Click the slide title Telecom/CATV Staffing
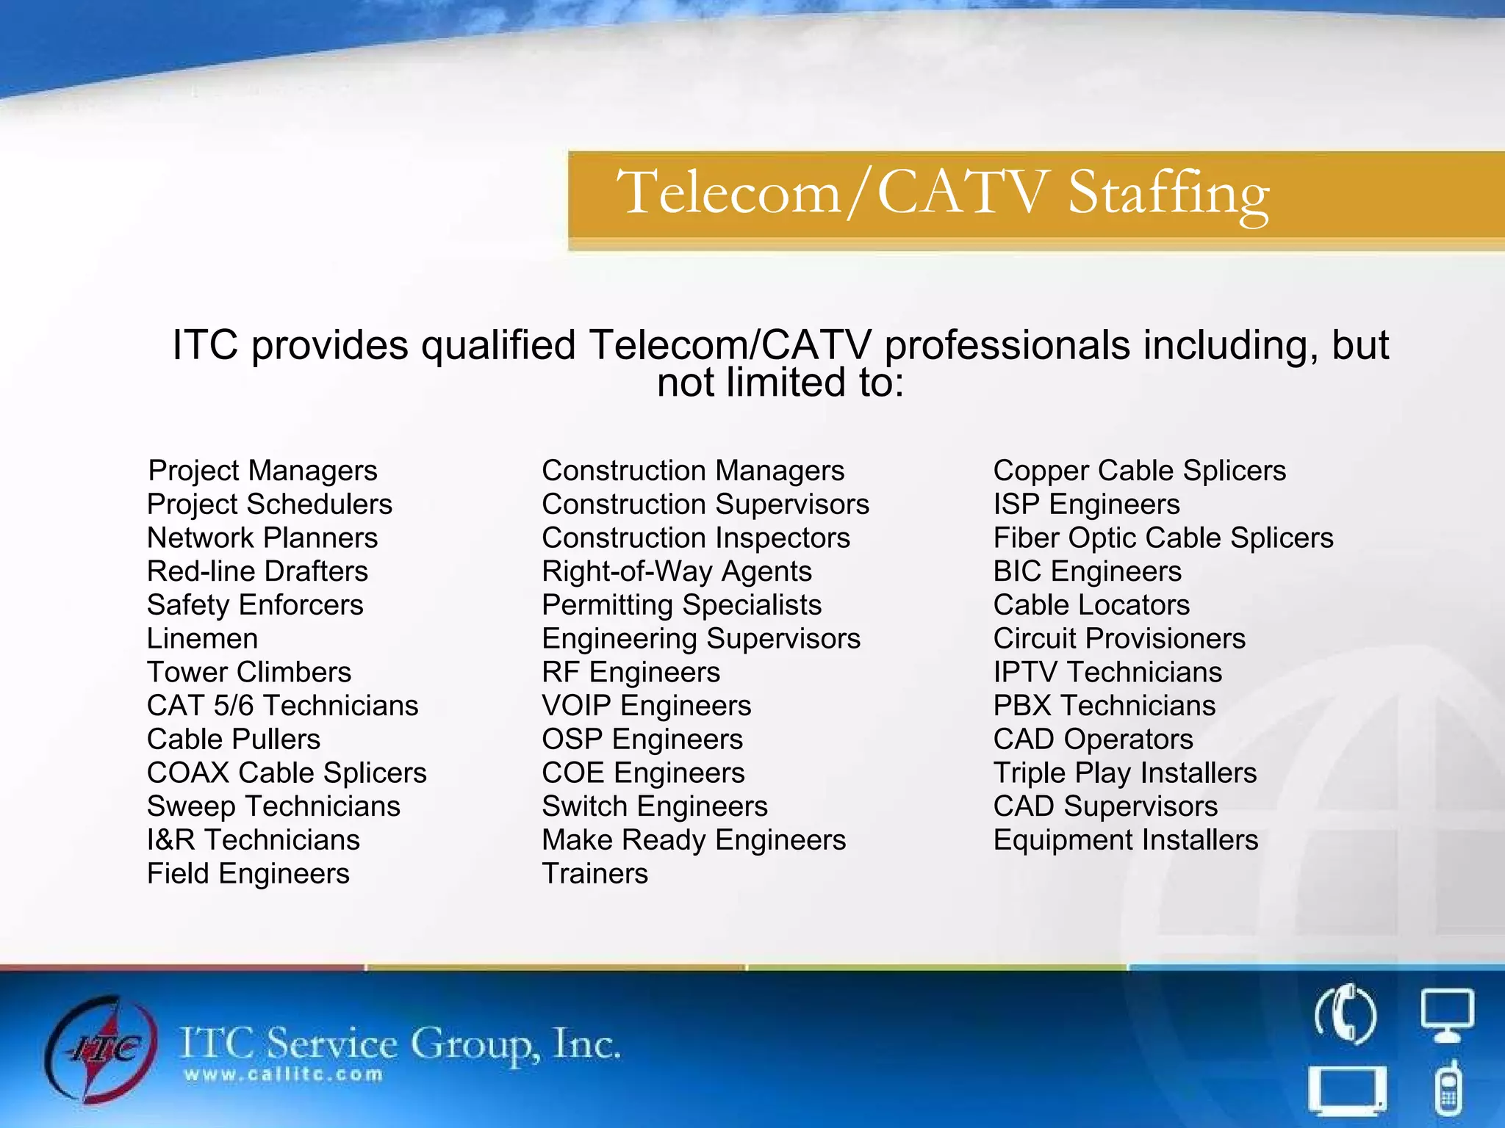tap(943, 192)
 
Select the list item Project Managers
tap(262, 471)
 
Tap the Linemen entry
tap(202, 639)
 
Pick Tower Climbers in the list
tap(249, 673)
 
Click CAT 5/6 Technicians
tap(282, 706)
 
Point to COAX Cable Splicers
tap(287, 773)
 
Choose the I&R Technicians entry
tap(254, 840)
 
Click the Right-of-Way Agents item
tap(677, 571)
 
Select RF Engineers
tap(631, 673)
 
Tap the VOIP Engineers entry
tap(647, 706)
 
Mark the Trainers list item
tap(595, 874)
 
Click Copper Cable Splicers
tap(1140, 471)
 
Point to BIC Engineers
tap(1088, 571)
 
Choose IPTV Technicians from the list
tap(1107, 673)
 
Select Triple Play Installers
tap(1125, 773)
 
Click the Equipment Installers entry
tap(1126, 840)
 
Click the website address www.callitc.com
tap(284, 1075)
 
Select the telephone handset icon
tap(1345, 1015)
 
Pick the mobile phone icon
tap(1448, 1088)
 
